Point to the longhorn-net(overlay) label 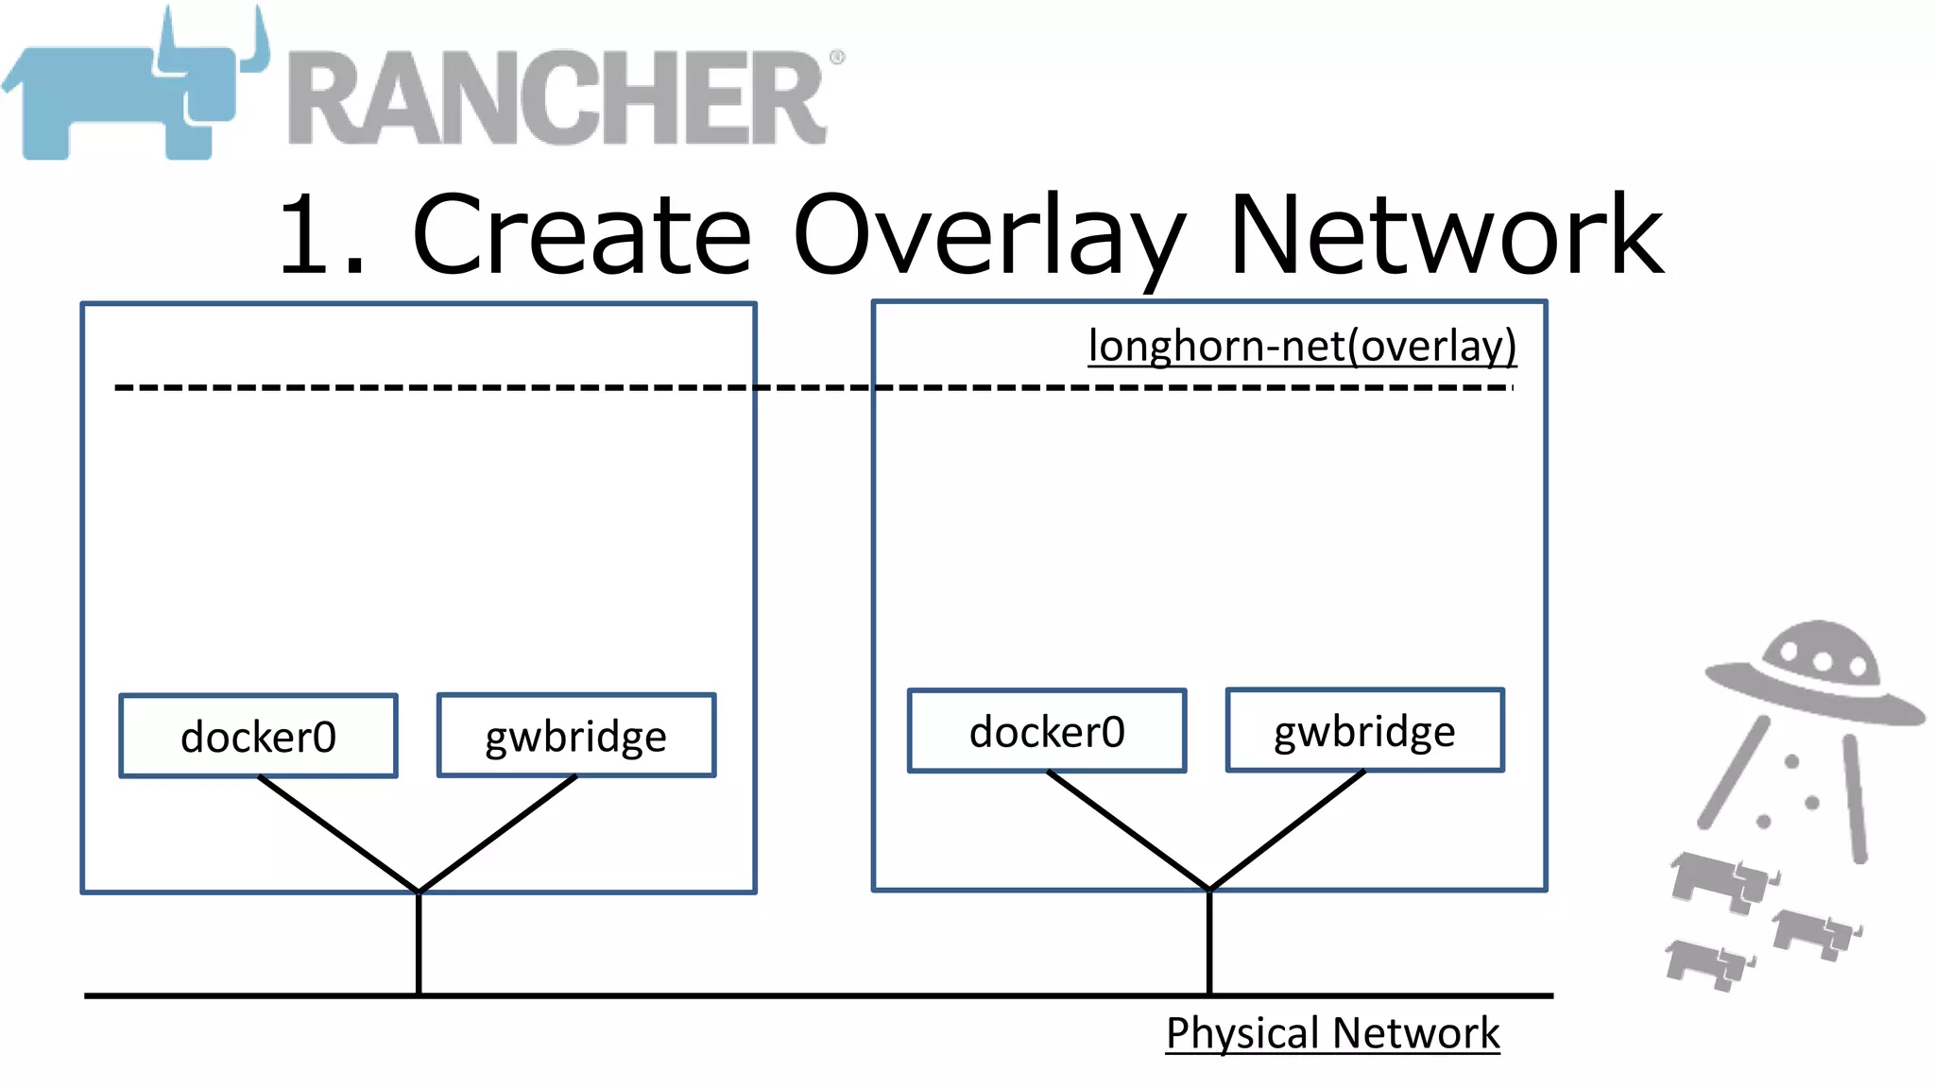point(1302,346)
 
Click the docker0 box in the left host point(258,736)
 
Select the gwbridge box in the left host point(575,736)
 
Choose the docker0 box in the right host point(1047,731)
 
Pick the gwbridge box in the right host point(1364,730)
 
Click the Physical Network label point(1332,1032)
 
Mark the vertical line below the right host point(1209,943)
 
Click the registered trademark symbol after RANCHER point(836,58)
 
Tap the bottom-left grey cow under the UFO point(1706,963)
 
